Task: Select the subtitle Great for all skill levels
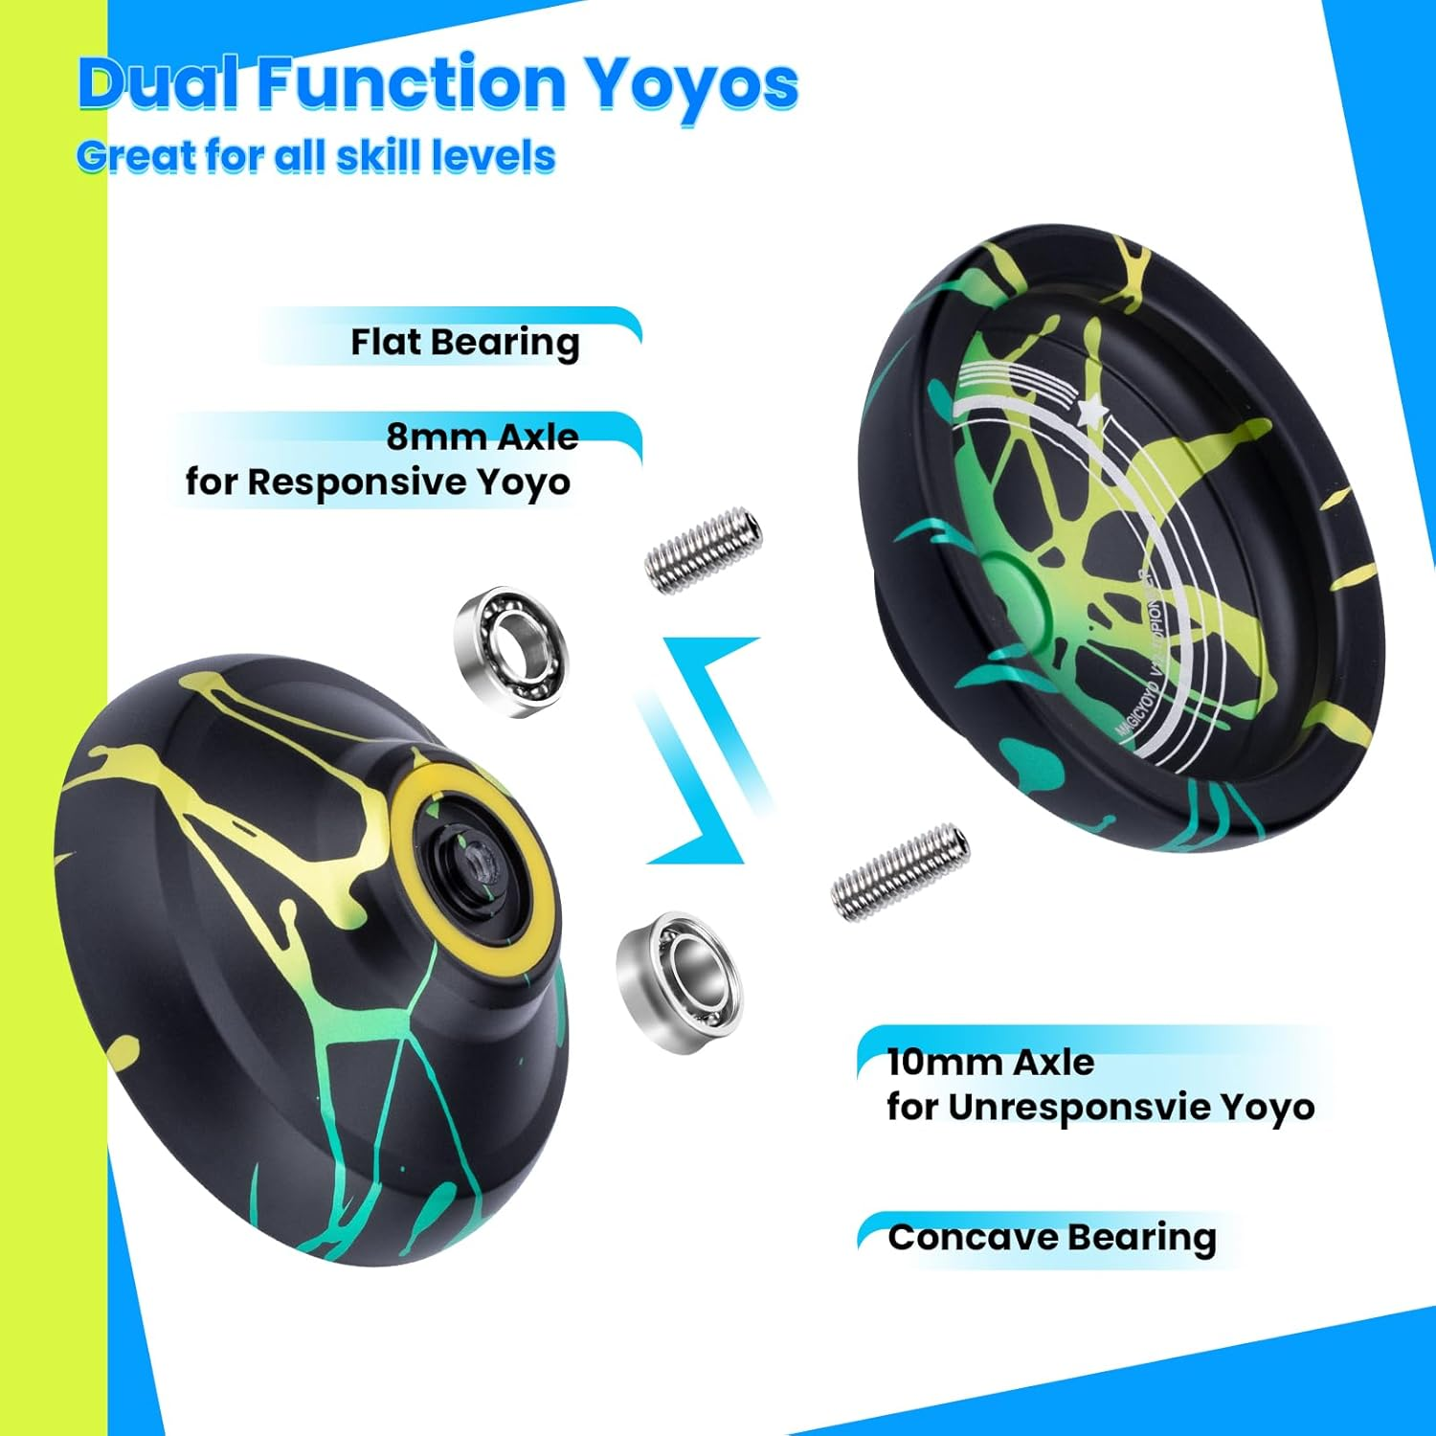pyautogui.click(x=316, y=157)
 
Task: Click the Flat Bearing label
pyautogui.click(x=464, y=342)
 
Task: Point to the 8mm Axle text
pyautogui.click(x=482, y=438)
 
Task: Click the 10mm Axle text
pyautogui.click(x=990, y=1062)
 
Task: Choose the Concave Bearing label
pyautogui.click(x=1051, y=1237)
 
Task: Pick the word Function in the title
pyautogui.click(x=412, y=84)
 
